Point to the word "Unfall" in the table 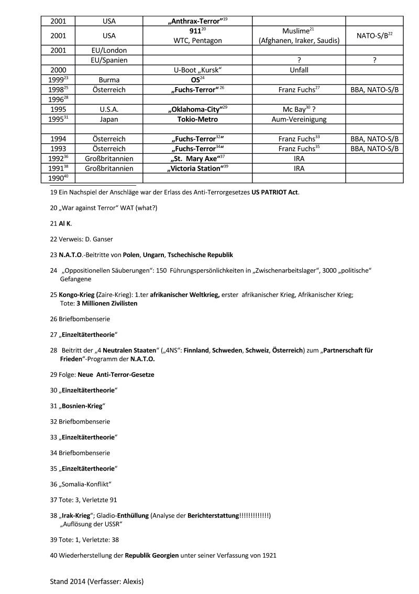click(x=299, y=70)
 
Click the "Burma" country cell click(x=109, y=80)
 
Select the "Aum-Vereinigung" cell click(x=299, y=119)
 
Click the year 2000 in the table click(x=58, y=70)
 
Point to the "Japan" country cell click(x=109, y=119)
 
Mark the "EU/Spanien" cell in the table click(x=109, y=60)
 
